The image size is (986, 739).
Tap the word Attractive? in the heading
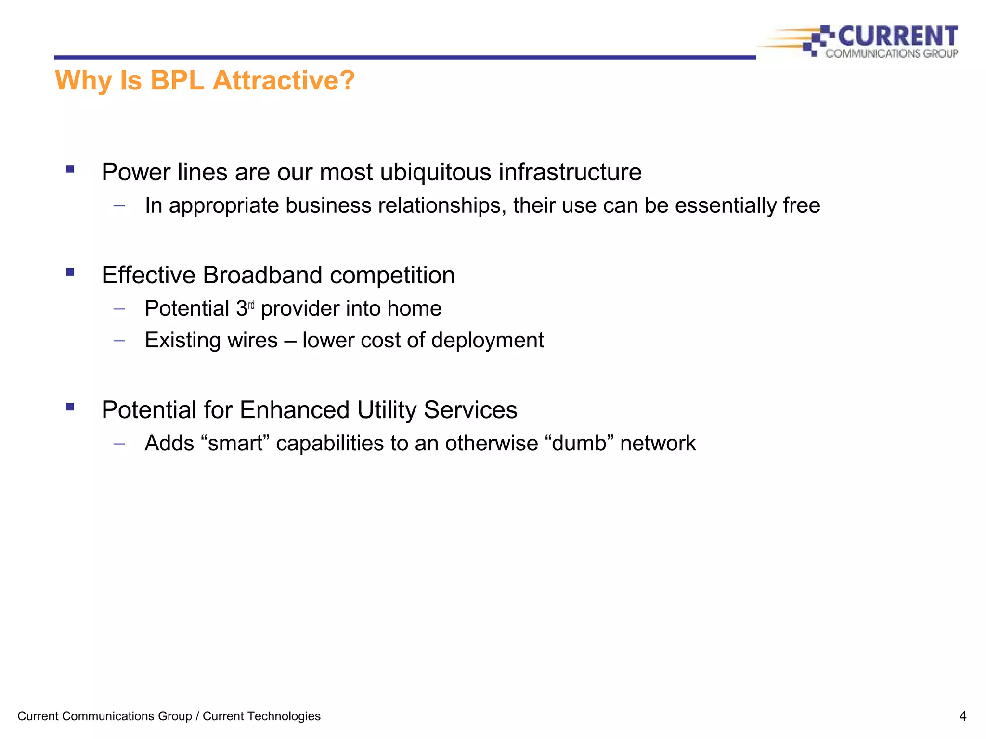click(x=284, y=80)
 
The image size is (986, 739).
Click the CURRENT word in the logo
click(x=898, y=37)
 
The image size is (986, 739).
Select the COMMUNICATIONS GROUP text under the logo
click(x=892, y=53)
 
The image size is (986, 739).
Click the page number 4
click(x=962, y=716)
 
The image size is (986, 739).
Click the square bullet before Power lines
click(x=70, y=169)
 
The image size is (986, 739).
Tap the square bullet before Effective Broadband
click(x=70, y=272)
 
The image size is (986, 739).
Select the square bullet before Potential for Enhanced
click(x=70, y=407)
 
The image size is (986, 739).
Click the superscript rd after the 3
click(x=251, y=305)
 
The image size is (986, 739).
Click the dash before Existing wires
click(x=119, y=341)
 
